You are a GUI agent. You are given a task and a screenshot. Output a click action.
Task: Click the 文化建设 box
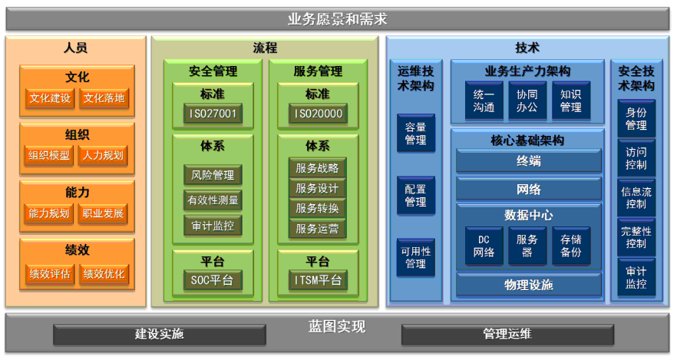50,98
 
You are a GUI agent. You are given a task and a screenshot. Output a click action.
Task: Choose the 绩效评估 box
50,273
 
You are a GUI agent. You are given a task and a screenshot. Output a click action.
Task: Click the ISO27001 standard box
213,115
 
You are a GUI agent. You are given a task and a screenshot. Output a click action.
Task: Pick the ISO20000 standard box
318,115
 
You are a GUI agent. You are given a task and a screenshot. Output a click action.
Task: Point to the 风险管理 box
213,175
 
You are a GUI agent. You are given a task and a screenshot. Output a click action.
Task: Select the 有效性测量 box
213,200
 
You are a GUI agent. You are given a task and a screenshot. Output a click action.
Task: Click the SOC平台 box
213,280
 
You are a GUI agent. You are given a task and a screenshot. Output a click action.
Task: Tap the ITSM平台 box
318,280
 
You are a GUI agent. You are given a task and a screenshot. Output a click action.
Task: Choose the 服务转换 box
318,208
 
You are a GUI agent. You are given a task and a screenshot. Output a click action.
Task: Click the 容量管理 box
415,134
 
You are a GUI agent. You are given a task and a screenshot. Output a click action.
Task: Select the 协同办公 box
527,101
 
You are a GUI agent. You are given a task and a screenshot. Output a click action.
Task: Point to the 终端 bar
528,161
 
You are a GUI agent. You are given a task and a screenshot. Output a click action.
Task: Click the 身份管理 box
636,118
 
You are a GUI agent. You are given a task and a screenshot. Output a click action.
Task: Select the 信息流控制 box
636,198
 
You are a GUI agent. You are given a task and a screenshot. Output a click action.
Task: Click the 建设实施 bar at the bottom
160,334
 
